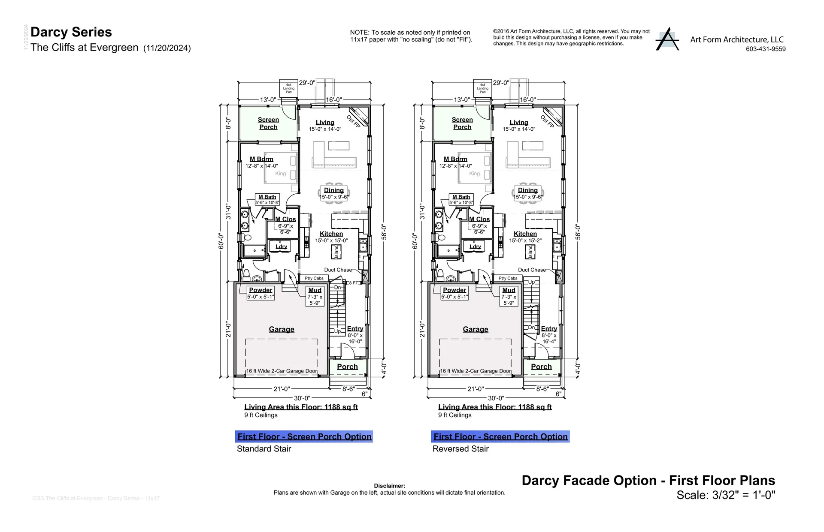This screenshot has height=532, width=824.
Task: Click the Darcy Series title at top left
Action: tap(71, 32)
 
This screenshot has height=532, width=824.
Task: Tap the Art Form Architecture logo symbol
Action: tap(667, 39)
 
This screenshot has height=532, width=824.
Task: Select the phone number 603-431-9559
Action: tap(766, 49)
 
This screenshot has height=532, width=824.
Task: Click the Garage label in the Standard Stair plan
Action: tap(282, 329)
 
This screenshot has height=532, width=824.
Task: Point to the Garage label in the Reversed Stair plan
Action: tap(476, 329)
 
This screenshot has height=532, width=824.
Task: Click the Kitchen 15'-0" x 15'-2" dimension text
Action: tap(525, 240)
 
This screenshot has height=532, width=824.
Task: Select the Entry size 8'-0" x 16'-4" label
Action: tap(549, 339)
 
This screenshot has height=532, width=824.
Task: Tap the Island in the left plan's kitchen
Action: tap(336, 252)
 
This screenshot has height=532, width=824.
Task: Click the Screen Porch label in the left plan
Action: tap(268, 123)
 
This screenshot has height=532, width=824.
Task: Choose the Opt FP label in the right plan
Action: tap(547, 121)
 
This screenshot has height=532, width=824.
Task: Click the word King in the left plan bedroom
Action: tap(280, 174)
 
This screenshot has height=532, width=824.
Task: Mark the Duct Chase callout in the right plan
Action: tap(532, 270)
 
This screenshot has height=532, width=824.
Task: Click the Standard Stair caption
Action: tap(264, 449)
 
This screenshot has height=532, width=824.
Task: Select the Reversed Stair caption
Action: tap(460, 449)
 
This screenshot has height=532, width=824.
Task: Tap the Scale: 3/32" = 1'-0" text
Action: tap(726, 495)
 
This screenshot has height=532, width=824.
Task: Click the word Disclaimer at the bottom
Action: tap(389, 486)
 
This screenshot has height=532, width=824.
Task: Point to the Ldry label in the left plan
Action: tap(281, 246)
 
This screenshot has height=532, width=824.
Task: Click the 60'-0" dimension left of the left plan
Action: tap(221, 241)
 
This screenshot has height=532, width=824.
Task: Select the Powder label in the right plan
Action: tap(454, 290)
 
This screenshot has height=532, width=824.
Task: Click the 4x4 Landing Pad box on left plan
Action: tap(289, 88)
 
